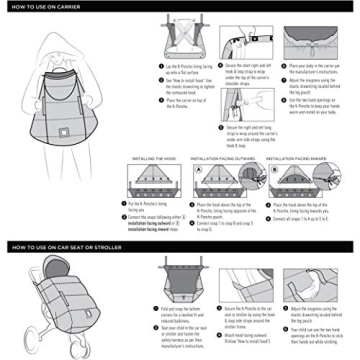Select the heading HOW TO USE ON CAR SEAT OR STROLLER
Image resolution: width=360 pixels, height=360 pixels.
70,244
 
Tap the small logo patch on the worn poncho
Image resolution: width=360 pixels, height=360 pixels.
61,158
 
